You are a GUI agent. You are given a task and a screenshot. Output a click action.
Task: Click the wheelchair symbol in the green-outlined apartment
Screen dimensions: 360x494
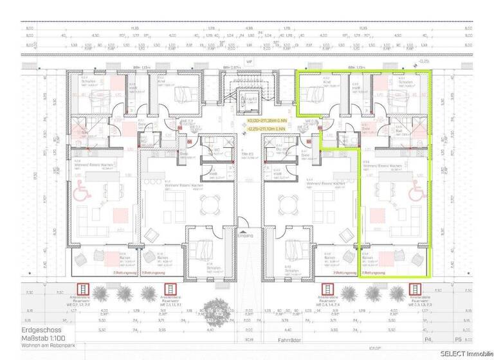(x=415, y=189)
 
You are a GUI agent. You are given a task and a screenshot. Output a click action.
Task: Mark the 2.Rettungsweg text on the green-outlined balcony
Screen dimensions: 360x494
(x=373, y=273)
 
